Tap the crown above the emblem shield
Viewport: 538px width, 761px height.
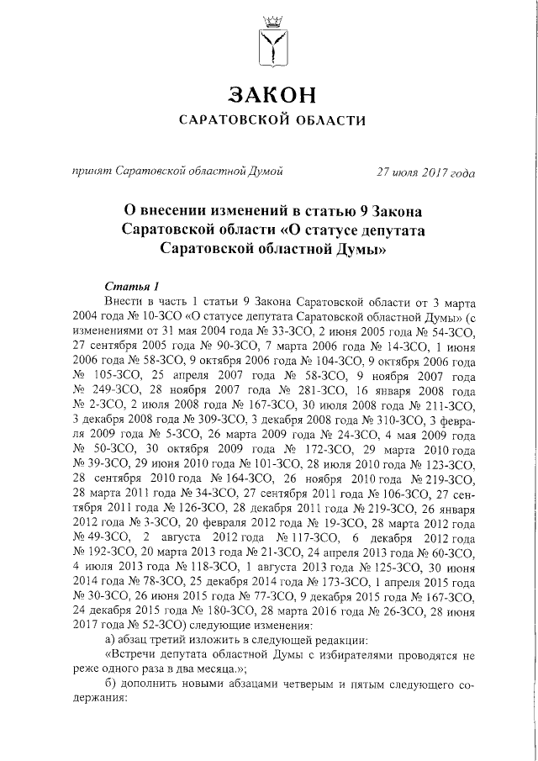[x=269, y=19]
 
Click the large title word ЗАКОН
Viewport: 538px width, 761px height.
[x=269, y=91]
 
